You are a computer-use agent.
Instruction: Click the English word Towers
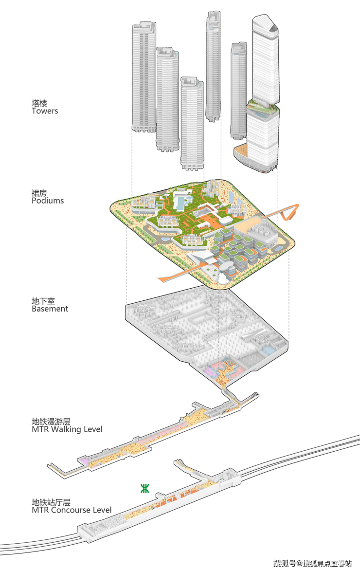click(45, 111)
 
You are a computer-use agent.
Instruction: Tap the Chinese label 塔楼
click(39, 103)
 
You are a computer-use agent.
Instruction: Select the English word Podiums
click(48, 201)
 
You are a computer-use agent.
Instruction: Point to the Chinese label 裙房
click(39, 193)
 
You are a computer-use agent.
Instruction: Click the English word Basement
click(50, 309)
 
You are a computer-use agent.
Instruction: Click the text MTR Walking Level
click(67, 429)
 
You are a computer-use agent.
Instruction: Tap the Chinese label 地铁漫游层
click(51, 422)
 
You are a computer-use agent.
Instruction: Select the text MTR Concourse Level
click(72, 510)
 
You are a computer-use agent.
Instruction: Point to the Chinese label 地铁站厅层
click(51, 502)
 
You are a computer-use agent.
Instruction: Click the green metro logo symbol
click(144, 489)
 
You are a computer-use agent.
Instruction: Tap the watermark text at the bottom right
click(312, 564)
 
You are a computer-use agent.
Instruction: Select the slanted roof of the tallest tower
click(266, 22)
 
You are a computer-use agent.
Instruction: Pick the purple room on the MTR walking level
click(85, 460)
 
